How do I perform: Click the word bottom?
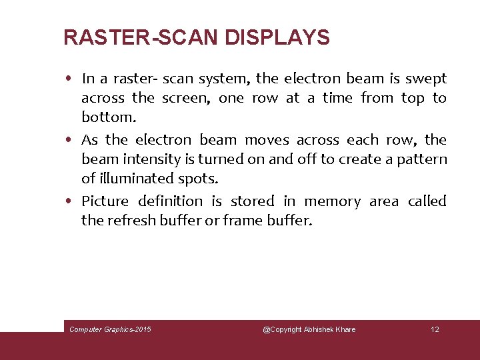pos(107,117)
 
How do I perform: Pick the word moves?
pos(267,140)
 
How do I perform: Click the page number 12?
pos(435,329)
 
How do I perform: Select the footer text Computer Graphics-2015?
pos(110,329)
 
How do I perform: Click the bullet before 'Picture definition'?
pos(70,201)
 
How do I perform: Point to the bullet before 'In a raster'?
pos(70,79)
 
